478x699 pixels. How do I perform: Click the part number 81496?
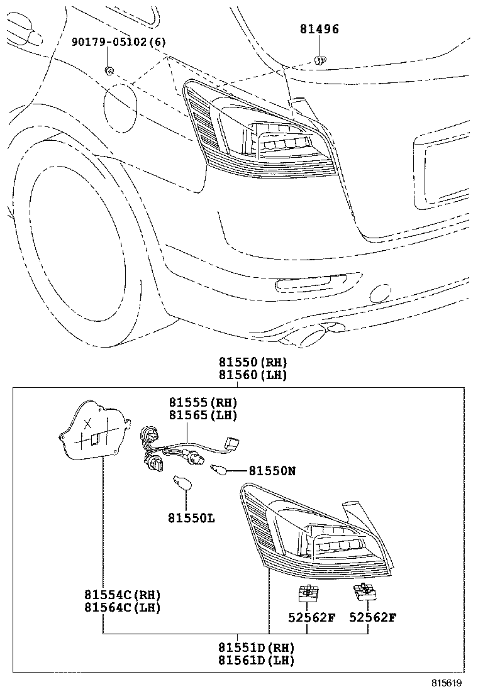[319, 30]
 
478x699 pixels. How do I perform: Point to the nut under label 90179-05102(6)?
[109, 70]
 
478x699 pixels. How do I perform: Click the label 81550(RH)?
[253, 362]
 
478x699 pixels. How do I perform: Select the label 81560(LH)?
[253, 375]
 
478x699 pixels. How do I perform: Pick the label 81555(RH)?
[202, 402]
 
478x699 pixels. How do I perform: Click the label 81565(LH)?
[202, 416]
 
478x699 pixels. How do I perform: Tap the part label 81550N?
[272, 470]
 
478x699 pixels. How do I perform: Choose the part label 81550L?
[191, 518]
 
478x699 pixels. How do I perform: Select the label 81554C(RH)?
[122, 595]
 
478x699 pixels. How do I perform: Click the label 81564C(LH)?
[122, 608]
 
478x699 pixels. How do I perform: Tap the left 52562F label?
[312, 617]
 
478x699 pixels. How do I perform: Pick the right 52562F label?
[373, 617]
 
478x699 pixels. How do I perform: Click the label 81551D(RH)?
[257, 647]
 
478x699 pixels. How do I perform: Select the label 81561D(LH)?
[257, 660]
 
